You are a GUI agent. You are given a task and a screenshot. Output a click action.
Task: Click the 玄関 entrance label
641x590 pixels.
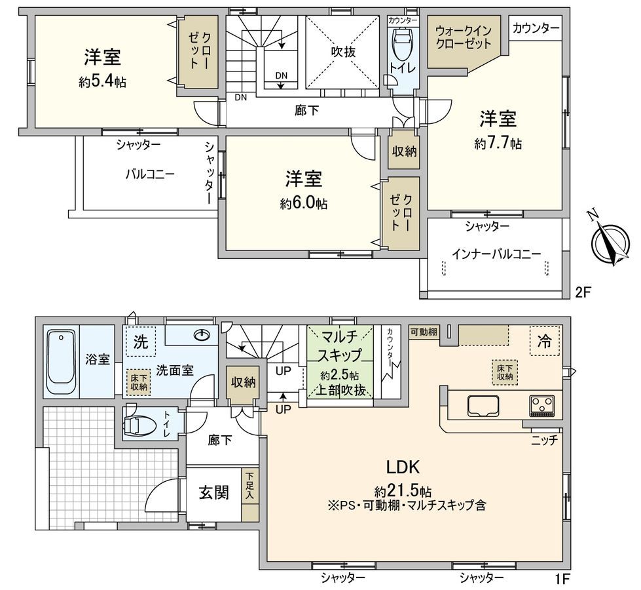213,492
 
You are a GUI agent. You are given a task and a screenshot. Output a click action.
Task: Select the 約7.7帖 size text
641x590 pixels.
498,144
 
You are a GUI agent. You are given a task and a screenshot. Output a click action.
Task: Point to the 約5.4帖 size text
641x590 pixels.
103,82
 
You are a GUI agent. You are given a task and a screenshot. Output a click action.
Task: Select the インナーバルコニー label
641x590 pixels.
496,254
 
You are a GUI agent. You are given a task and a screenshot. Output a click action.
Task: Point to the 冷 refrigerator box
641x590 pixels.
543,342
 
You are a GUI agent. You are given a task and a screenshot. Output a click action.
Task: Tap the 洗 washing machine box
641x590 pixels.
140,342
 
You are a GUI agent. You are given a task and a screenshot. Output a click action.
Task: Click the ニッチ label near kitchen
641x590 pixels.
544,441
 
